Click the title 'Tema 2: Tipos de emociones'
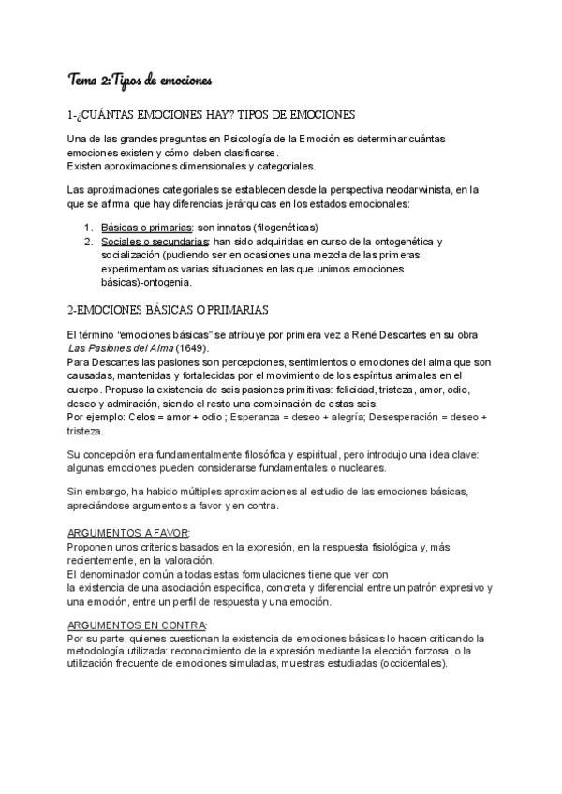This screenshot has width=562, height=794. [x=141, y=79]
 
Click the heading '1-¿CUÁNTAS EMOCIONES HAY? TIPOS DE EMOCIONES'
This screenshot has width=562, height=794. [x=212, y=115]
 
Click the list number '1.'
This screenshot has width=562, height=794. [x=87, y=228]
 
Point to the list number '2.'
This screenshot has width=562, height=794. [x=87, y=242]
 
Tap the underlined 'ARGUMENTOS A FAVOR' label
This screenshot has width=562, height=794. [x=128, y=532]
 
